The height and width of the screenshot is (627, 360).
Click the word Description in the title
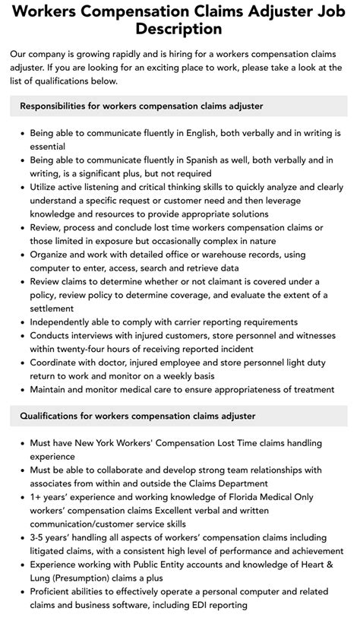[178, 29]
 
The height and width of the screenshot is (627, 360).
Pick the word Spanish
[201, 160]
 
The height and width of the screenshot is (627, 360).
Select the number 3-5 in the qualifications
[39, 537]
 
